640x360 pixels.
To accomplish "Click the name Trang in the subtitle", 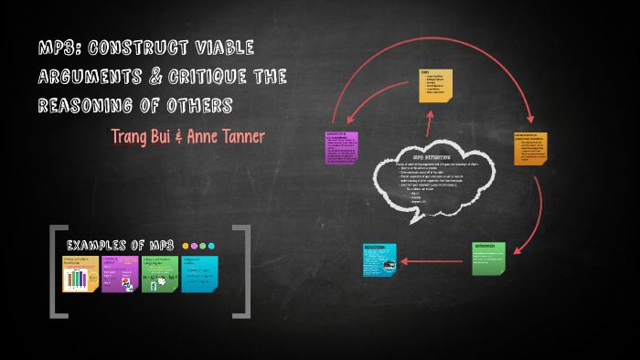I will [x=133, y=136].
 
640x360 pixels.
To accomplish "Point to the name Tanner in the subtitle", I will [x=239, y=136].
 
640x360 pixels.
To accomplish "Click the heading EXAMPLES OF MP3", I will [x=120, y=245].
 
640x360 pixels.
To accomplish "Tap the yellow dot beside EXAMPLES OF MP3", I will [x=187, y=246].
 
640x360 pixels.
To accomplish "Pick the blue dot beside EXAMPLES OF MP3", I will [x=211, y=246].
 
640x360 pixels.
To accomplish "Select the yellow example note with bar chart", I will [x=80, y=273].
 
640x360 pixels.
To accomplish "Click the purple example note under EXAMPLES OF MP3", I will [x=120, y=273].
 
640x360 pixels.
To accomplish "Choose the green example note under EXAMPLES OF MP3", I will [x=159, y=273].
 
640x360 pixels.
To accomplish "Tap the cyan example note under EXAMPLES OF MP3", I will [x=199, y=273].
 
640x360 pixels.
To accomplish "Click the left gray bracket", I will [x=57, y=271].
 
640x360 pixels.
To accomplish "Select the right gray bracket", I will [x=243, y=271].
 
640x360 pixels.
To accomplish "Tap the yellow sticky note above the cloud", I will [x=435, y=84].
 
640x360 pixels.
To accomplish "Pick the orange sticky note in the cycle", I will [x=530, y=148].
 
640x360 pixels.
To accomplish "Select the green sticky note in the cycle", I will [x=488, y=259].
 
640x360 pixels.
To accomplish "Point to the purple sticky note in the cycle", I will [x=341, y=148].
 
